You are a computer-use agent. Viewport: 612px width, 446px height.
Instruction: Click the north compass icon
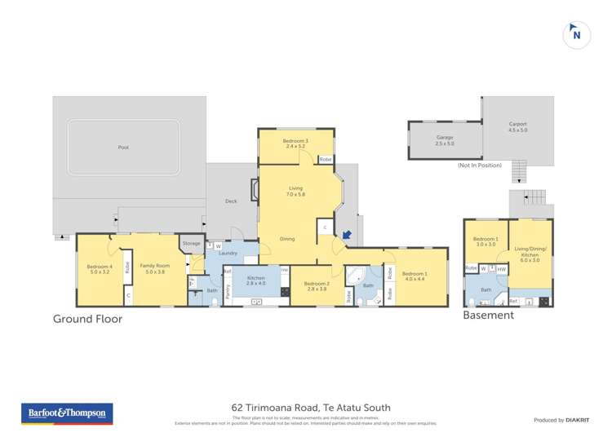(x=577, y=34)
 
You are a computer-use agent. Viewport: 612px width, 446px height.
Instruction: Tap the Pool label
(x=123, y=148)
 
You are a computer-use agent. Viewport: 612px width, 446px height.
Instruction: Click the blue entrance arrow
(x=347, y=236)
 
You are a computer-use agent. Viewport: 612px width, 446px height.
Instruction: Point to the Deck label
(x=231, y=201)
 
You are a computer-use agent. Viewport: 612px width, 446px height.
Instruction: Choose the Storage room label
(x=191, y=243)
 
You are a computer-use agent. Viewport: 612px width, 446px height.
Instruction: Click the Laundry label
(x=228, y=254)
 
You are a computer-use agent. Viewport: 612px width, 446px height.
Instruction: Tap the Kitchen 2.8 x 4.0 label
(x=256, y=281)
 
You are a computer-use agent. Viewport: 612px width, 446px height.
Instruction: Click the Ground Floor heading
(x=87, y=319)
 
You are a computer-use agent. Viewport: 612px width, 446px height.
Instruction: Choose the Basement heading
(x=488, y=315)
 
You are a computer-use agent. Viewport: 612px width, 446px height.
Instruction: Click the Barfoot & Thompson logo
(x=66, y=413)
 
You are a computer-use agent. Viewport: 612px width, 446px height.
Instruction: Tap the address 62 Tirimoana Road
(x=311, y=408)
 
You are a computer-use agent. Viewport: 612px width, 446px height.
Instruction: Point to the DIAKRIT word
(x=579, y=420)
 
